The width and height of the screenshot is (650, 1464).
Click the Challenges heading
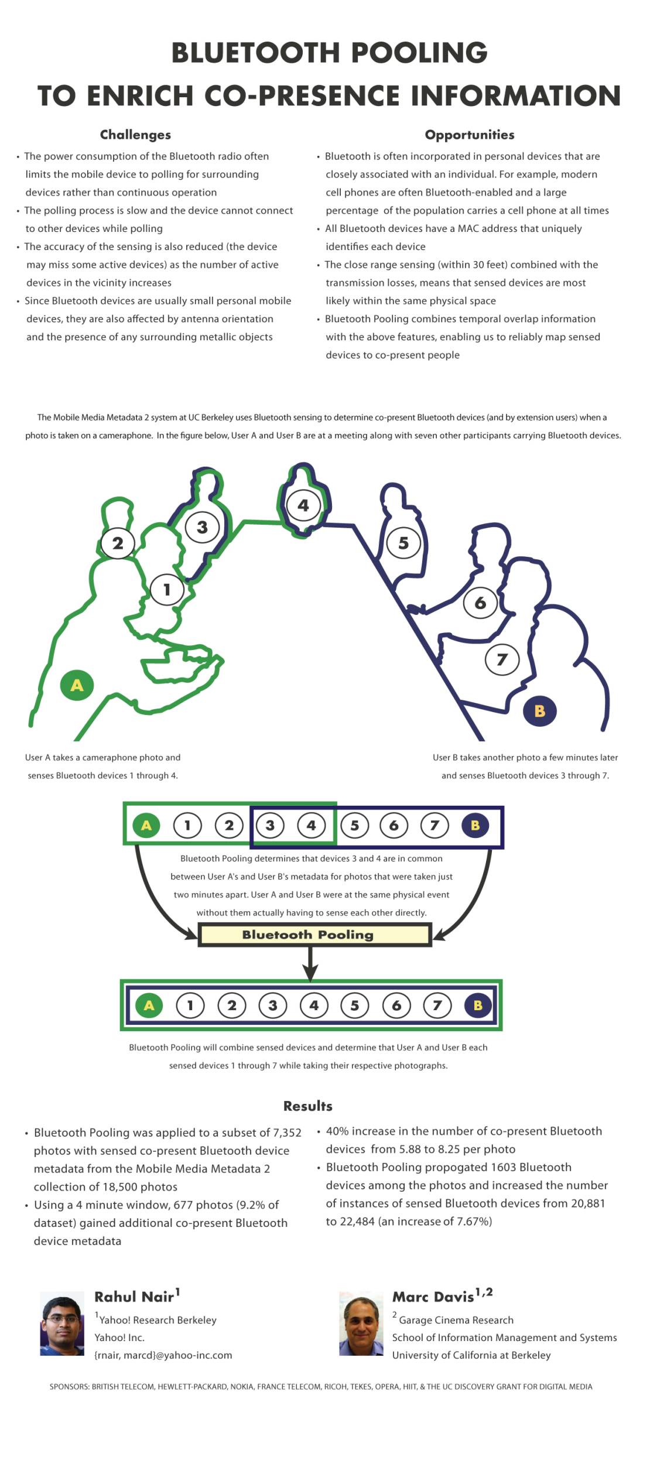[135, 135]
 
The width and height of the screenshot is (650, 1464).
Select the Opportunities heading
[470, 135]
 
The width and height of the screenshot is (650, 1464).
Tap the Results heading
[307, 1106]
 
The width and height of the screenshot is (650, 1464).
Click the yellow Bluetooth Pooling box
[314, 935]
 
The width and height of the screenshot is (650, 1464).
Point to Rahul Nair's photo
[62, 1323]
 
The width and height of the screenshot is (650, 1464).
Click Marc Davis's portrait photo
[361, 1323]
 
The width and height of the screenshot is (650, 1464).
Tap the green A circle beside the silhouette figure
[77, 685]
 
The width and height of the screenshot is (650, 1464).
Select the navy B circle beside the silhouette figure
[539, 711]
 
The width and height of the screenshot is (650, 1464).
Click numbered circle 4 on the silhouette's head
[303, 505]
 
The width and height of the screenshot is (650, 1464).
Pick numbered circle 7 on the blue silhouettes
[502, 659]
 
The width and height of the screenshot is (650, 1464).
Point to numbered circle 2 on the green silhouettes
[118, 543]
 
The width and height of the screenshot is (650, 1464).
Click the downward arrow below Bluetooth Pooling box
[310, 963]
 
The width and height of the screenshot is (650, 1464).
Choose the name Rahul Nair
[134, 1297]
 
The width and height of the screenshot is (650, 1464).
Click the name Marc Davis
[433, 1297]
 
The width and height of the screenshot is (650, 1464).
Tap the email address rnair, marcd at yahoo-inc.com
[163, 1355]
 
